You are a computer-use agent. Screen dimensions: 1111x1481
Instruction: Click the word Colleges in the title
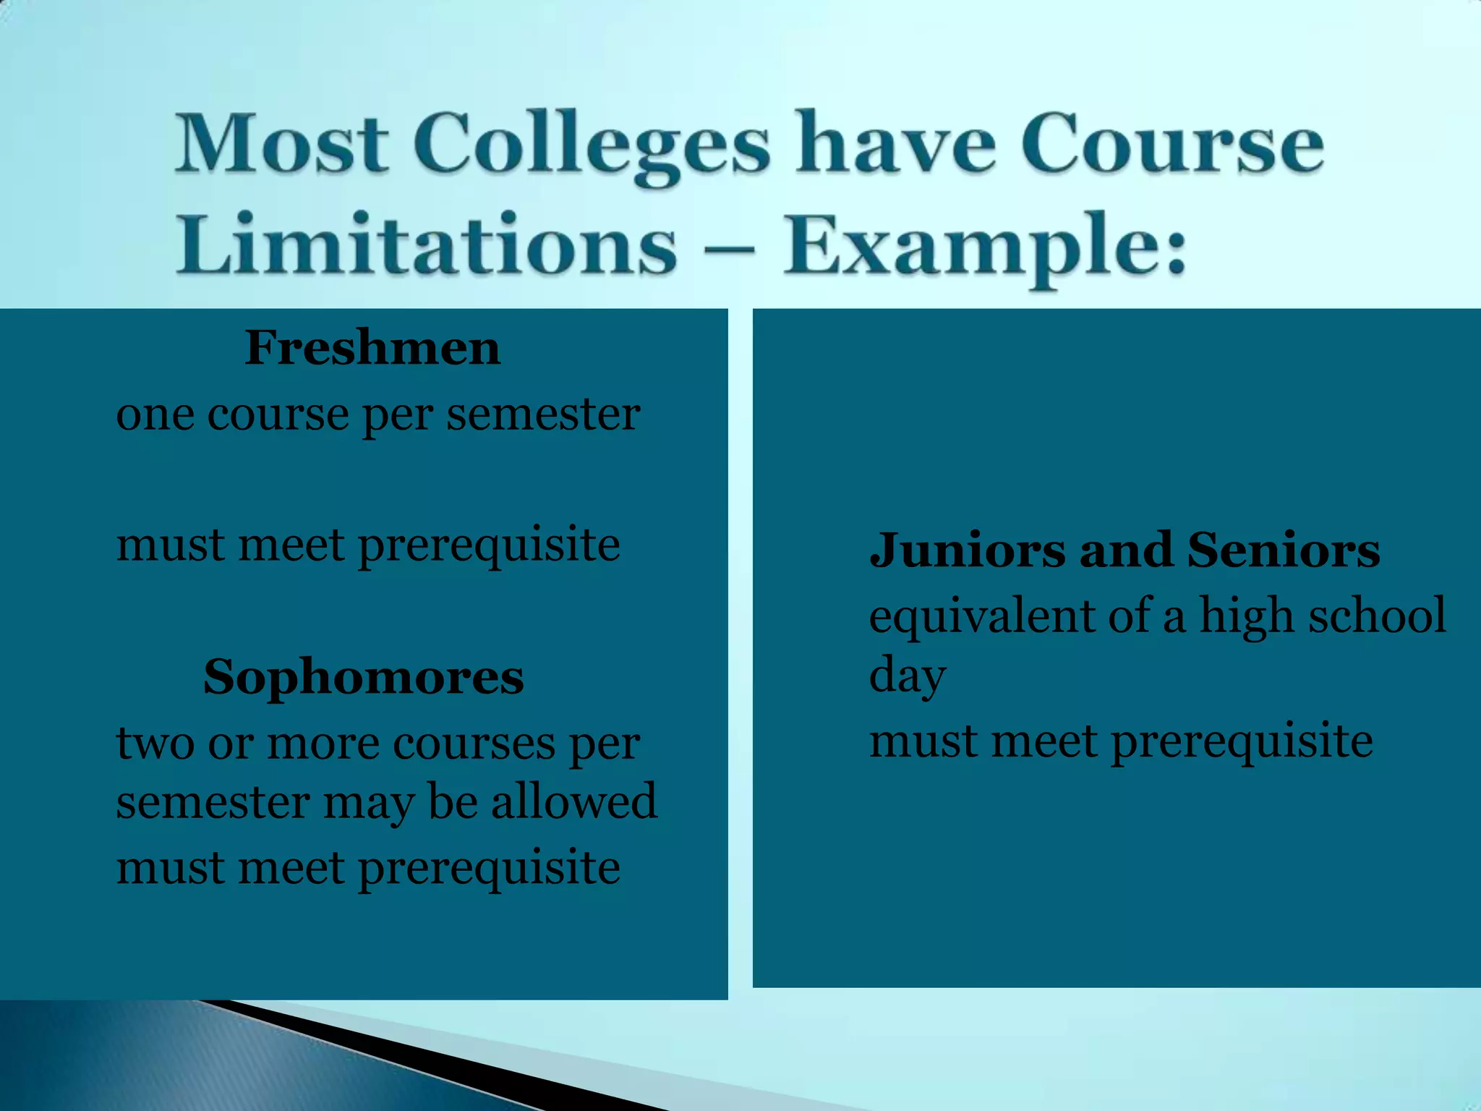[592, 145]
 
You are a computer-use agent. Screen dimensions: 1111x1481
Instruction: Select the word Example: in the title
[985, 246]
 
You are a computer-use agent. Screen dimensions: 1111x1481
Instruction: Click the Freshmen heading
[372, 348]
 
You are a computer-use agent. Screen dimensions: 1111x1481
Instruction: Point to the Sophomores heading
[363, 678]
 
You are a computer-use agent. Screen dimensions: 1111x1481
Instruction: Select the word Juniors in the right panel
[968, 550]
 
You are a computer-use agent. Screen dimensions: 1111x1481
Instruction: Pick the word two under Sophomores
[155, 744]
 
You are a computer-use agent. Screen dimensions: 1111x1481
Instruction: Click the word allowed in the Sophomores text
[574, 801]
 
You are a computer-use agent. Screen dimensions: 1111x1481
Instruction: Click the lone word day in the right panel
[907, 677]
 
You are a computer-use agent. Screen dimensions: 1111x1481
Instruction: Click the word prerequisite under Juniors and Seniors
[1241, 744]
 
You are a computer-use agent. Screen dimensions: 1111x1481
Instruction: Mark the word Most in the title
[282, 145]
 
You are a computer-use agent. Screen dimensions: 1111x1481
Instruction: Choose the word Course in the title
[1171, 145]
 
